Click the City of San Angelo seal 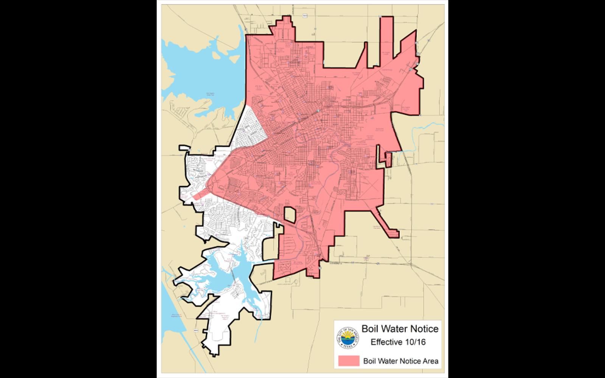347,338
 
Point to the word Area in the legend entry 431,361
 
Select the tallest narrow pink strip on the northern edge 386,42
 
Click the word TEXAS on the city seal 347,345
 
